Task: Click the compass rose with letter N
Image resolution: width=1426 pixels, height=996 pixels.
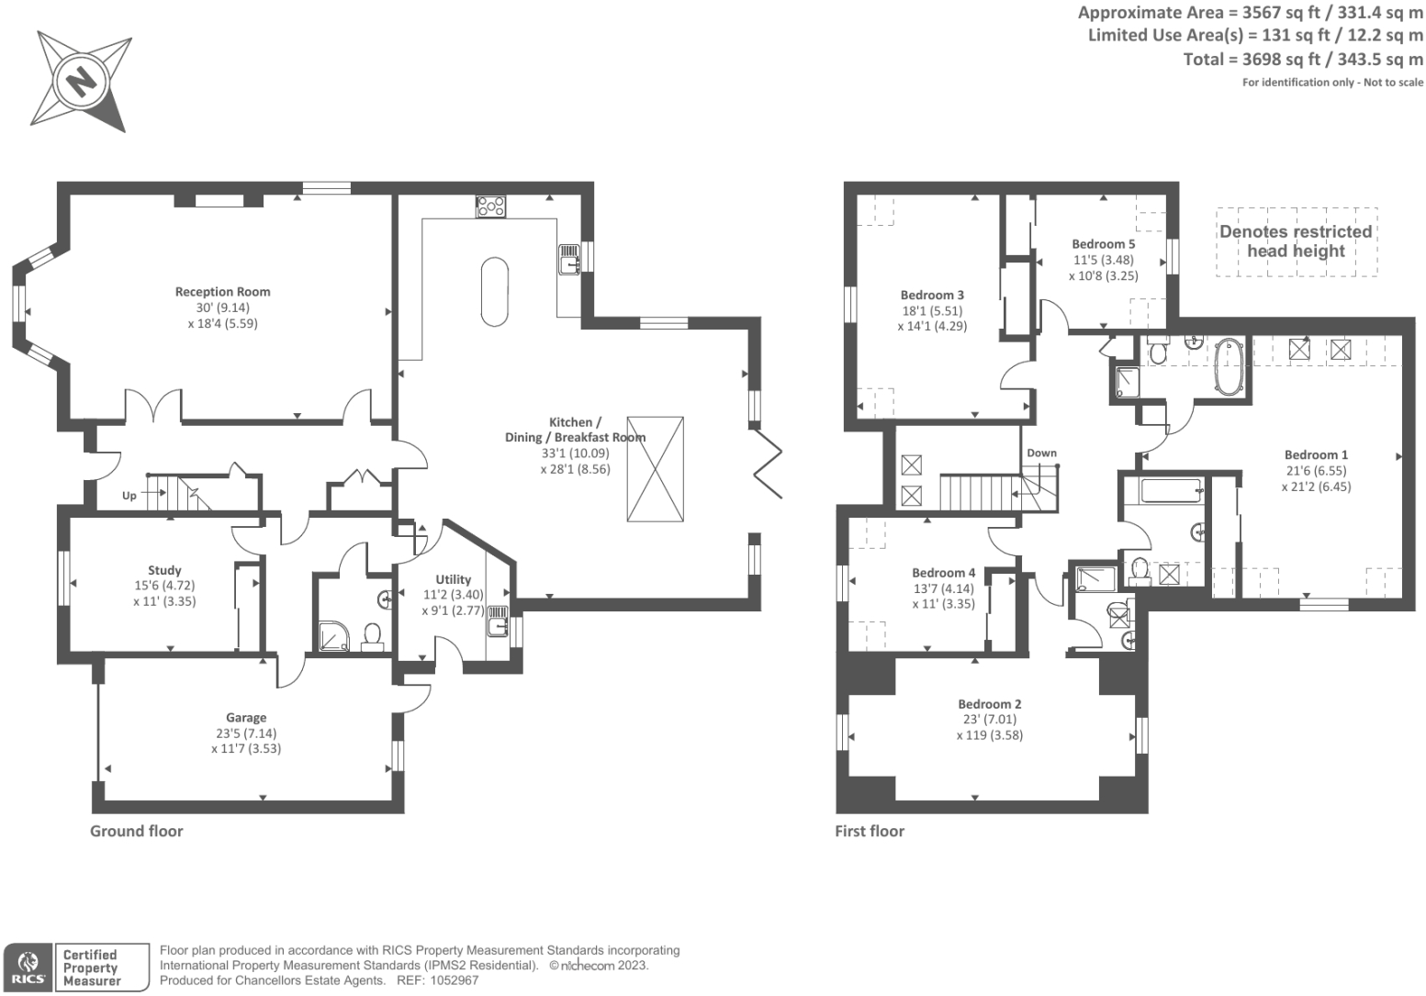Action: (81, 82)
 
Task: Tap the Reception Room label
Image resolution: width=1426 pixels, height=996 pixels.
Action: (222, 292)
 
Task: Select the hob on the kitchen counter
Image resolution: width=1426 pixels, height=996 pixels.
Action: (490, 207)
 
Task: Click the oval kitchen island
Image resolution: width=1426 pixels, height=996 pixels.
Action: (494, 291)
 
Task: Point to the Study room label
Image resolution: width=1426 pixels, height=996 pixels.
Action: (164, 570)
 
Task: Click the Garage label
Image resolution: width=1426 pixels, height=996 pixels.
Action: (246, 718)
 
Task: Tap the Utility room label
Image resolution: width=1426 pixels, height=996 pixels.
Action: (453, 579)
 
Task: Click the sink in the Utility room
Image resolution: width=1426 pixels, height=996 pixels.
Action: (497, 621)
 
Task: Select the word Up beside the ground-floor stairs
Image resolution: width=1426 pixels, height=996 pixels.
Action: (129, 496)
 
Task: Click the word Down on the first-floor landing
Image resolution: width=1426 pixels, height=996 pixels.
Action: (1041, 453)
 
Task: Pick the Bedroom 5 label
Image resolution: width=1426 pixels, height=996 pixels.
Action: (1103, 244)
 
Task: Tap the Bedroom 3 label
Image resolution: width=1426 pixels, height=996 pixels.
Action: (932, 295)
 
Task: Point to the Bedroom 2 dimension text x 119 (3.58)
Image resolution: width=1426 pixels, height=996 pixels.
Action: (989, 735)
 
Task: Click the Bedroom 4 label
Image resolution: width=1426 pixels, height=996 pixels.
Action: (944, 573)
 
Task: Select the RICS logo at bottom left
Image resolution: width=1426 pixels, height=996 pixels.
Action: (28, 968)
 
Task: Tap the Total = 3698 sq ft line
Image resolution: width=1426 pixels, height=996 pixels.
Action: (1302, 60)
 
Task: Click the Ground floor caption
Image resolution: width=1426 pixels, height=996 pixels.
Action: (136, 831)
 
